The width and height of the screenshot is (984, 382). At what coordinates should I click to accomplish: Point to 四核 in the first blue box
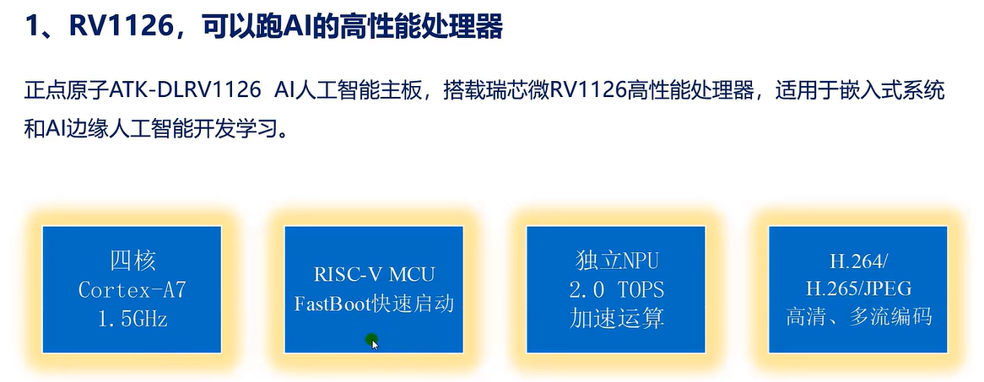click(132, 260)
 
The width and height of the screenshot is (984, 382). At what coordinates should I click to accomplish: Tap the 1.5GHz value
click(132, 319)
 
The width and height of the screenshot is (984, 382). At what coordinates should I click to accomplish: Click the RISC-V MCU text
click(373, 274)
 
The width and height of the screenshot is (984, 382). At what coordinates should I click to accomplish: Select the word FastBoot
click(334, 304)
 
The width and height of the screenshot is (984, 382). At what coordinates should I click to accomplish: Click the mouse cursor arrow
click(373, 342)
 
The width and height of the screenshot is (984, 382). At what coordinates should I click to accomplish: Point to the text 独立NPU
click(615, 260)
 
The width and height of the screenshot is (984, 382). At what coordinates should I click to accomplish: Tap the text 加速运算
click(615, 319)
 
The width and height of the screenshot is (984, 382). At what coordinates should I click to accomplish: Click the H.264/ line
click(857, 260)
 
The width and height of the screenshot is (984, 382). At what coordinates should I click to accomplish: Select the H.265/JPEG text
click(857, 289)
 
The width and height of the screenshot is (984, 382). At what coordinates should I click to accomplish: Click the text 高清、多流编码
click(857, 319)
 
